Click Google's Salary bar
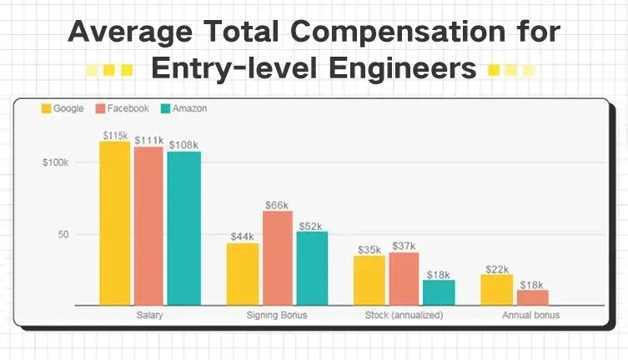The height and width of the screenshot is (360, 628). point(115,223)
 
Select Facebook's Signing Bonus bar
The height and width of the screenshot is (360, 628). point(278,258)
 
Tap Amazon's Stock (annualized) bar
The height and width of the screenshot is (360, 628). point(439,292)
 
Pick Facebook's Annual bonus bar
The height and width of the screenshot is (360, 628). point(532,297)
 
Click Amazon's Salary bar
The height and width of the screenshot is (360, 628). point(183,228)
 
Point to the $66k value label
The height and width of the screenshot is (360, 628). point(277,204)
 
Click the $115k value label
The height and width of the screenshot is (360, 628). point(115,135)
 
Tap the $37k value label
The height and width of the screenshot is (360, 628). point(404,246)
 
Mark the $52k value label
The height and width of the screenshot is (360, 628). point(312,225)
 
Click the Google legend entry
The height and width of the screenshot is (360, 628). point(63,108)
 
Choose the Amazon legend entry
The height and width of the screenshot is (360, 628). point(184,108)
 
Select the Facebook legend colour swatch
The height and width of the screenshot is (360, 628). point(102,108)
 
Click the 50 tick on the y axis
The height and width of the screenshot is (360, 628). point(62,235)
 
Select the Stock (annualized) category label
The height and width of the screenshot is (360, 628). point(404,317)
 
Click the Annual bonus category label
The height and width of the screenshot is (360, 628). point(530,317)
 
